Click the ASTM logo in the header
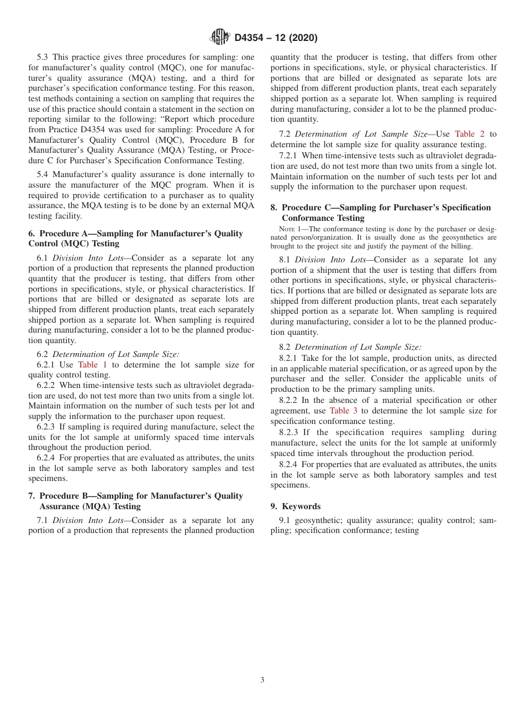click(x=221, y=38)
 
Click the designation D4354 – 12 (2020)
click(x=276, y=38)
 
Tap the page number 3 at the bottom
click(x=262, y=680)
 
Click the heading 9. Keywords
click(x=295, y=506)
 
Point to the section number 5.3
click(x=44, y=58)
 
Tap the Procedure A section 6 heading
click(x=135, y=239)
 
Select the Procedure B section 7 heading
click(x=135, y=501)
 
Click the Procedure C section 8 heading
click(x=380, y=213)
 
